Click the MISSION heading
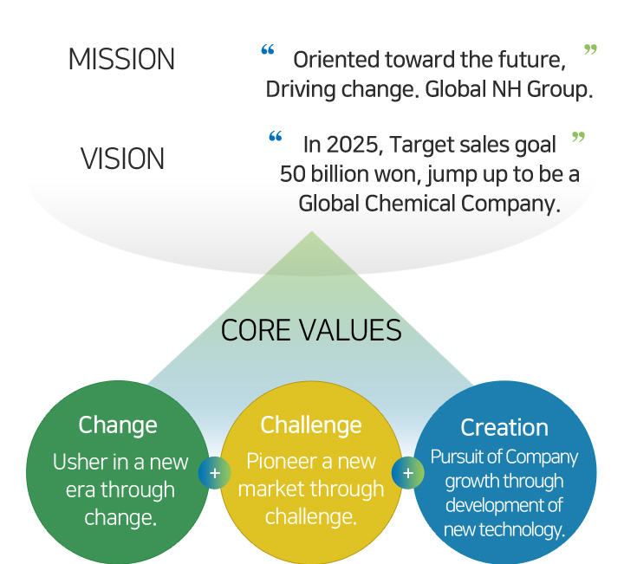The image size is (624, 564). click(x=122, y=59)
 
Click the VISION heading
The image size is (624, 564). click(x=122, y=159)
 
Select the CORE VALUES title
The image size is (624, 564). click(x=311, y=330)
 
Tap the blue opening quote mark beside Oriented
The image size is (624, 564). click(x=268, y=49)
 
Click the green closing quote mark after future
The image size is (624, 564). click(x=590, y=49)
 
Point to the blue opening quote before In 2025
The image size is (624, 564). click(x=276, y=136)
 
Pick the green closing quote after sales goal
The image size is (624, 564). click(x=578, y=137)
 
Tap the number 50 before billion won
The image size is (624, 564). click(x=293, y=174)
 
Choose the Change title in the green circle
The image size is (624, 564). click(x=118, y=425)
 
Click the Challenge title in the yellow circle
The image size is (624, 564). click(x=311, y=425)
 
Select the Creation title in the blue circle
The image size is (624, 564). click(x=504, y=428)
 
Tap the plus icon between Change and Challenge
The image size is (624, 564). click(x=215, y=473)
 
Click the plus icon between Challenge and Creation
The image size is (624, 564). click(x=408, y=473)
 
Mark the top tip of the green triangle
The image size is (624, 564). click(x=312, y=231)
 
